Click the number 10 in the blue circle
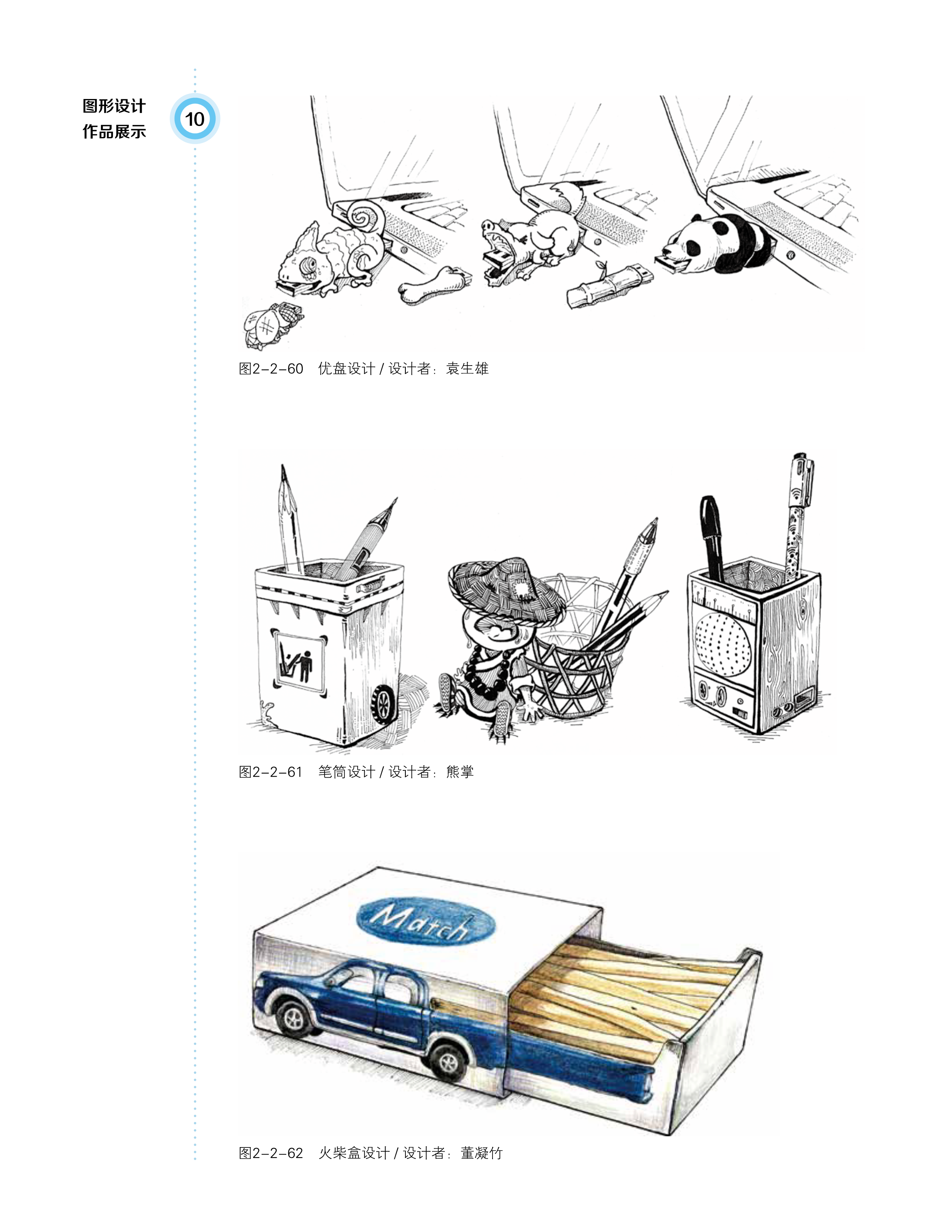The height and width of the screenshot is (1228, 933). click(x=194, y=119)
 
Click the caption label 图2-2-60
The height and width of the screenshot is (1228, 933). click(x=271, y=369)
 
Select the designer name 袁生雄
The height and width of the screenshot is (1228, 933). click(x=467, y=369)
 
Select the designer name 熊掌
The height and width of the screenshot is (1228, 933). click(x=460, y=772)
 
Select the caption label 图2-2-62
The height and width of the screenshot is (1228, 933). click(x=271, y=1153)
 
